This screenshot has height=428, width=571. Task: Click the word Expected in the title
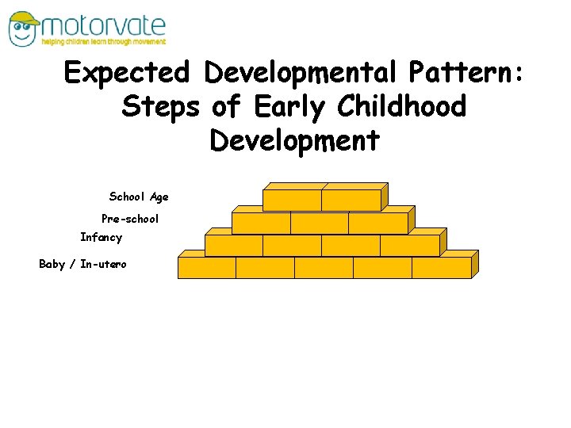(x=127, y=74)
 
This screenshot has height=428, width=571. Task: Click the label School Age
(x=139, y=197)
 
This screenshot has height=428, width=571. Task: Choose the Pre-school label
(x=130, y=218)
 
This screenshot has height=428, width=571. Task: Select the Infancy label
(x=102, y=237)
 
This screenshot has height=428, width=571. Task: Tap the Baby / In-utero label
(x=82, y=264)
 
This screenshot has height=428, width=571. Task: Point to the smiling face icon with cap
(x=25, y=29)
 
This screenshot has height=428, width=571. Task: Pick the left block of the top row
(x=292, y=201)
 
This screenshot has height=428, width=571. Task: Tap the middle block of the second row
(x=320, y=223)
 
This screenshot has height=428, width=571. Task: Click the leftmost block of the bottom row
(x=207, y=268)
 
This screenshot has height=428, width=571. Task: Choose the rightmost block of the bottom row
(x=441, y=268)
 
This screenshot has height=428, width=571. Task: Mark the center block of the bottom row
(x=324, y=268)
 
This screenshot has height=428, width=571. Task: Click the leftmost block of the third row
(x=234, y=246)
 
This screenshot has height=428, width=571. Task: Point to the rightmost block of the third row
(x=409, y=246)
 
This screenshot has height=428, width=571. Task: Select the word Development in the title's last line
(x=295, y=141)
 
